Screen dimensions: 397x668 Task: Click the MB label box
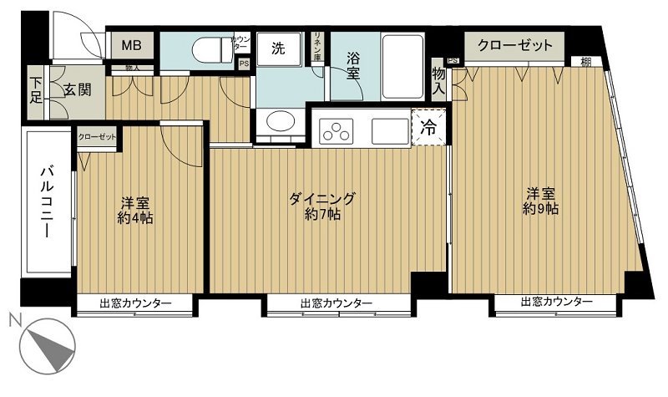(x=133, y=45)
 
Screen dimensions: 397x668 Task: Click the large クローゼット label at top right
(x=514, y=45)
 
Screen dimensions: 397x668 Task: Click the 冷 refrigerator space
(x=428, y=129)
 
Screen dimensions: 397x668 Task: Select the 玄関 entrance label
(x=77, y=89)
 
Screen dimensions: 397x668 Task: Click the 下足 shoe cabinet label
(x=36, y=89)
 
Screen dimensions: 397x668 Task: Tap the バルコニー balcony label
(x=47, y=203)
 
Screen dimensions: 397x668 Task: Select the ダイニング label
(x=322, y=198)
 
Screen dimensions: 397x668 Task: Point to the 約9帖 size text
(x=541, y=209)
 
